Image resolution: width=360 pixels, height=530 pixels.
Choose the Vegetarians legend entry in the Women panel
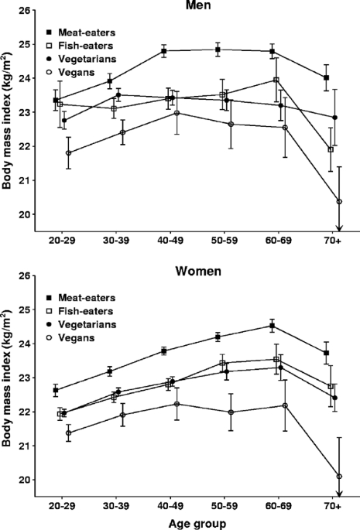(90, 323)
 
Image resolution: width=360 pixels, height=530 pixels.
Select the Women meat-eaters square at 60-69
(272, 326)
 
